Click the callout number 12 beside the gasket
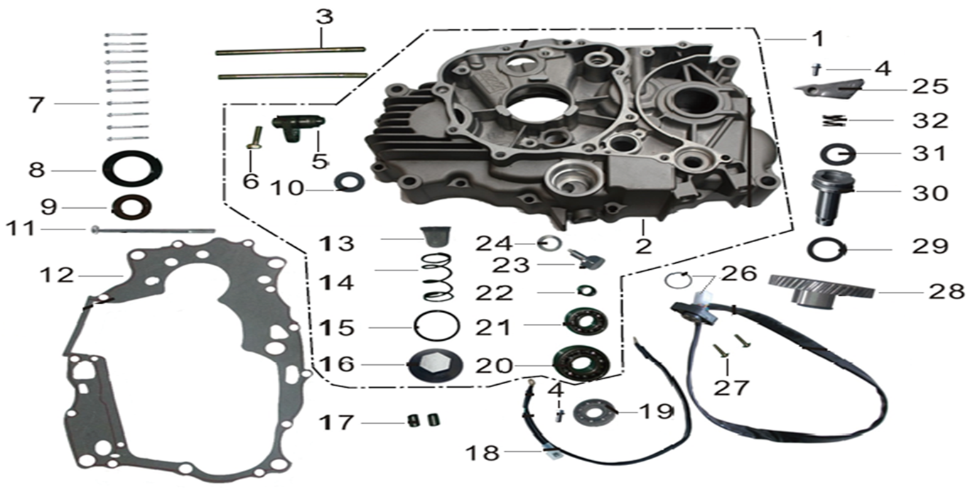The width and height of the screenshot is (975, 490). click(x=57, y=276)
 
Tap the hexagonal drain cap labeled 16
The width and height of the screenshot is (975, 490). click(x=435, y=365)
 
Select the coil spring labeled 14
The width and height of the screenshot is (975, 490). click(x=438, y=277)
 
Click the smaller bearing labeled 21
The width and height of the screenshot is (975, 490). click(x=586, y=322)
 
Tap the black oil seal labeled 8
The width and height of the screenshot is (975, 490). click(x=132, y=169)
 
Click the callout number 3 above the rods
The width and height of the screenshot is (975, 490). click(x=325, y=17)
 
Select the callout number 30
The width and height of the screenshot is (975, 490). click(x=930, y=193)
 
